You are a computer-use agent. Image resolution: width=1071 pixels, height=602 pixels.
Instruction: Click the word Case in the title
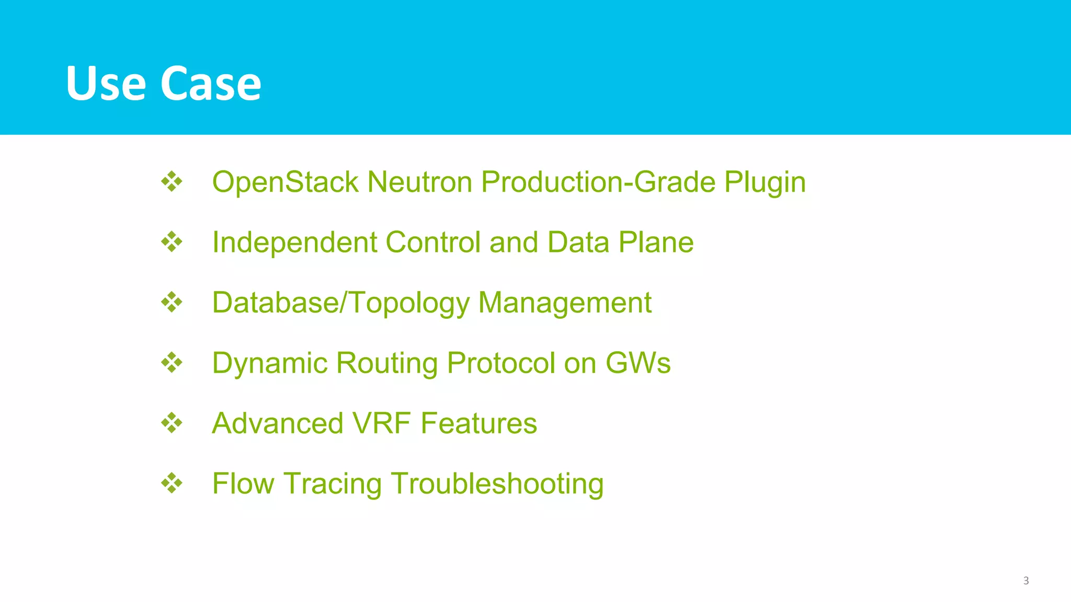point(210,84)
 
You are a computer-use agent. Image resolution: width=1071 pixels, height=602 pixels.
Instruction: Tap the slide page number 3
point(1026,581)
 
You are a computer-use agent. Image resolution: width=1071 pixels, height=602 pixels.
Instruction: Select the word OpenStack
point(285,182)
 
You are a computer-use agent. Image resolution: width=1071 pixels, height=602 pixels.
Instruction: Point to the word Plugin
point(765,183)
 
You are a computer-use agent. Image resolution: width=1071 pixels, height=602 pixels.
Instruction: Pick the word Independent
point(294,242)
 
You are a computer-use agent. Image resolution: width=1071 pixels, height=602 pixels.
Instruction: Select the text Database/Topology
point(340,303)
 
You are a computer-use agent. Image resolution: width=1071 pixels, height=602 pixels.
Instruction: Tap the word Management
point(565,303)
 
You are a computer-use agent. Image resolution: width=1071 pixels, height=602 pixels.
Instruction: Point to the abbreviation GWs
point(638,363)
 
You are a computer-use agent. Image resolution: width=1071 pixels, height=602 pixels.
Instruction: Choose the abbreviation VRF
point(382,423)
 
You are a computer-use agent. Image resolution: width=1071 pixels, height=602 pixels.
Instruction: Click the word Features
point(478,423)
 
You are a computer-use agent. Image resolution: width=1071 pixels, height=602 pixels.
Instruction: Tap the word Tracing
point(333,484)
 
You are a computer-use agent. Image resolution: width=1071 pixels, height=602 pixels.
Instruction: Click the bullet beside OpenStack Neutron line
point(172,182)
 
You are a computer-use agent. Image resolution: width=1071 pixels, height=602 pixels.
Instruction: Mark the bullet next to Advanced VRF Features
point(172,423)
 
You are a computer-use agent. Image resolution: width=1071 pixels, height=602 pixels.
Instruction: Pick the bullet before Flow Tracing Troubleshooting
point(172,483)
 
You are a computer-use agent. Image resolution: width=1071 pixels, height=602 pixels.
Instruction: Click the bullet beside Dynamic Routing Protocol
point(172,363)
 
